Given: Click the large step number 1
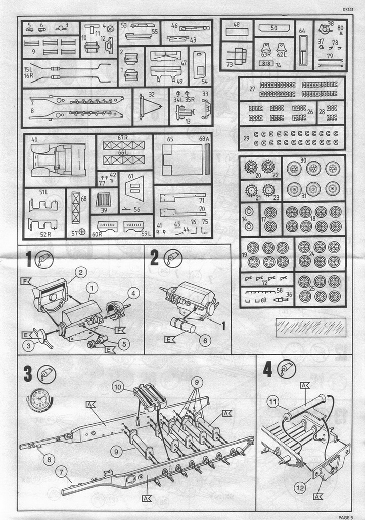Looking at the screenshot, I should point(30,259).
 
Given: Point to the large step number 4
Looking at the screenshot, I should point(268,370).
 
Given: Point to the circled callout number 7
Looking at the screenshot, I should point(62,473).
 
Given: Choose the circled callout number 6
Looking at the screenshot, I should point(204,341).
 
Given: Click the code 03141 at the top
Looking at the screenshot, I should point(349,10).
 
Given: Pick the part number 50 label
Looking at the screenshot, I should point(273,28).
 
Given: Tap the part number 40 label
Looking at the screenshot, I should point(34,139).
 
